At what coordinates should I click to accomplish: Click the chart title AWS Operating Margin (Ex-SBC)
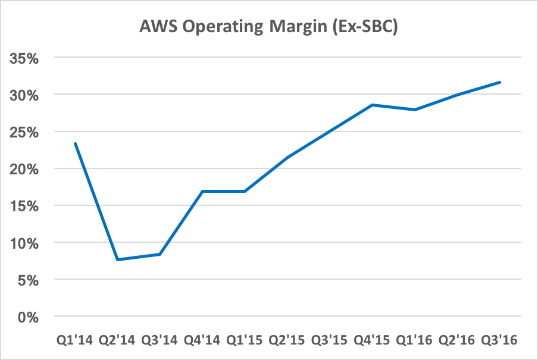tap(268, 26)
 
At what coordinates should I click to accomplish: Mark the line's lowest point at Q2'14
tap(118, 259)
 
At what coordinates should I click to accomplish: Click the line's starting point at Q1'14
tap(75, 143)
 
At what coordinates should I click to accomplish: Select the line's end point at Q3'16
tap(500, 82)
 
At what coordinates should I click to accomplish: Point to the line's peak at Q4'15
tap(373, 105)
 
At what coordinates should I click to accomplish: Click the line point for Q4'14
tap(202, 191)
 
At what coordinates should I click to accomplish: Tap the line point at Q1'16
tap(415, 109)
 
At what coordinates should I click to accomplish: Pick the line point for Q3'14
tap(160, 254)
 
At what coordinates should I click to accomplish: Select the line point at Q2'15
tap(287, 157)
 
